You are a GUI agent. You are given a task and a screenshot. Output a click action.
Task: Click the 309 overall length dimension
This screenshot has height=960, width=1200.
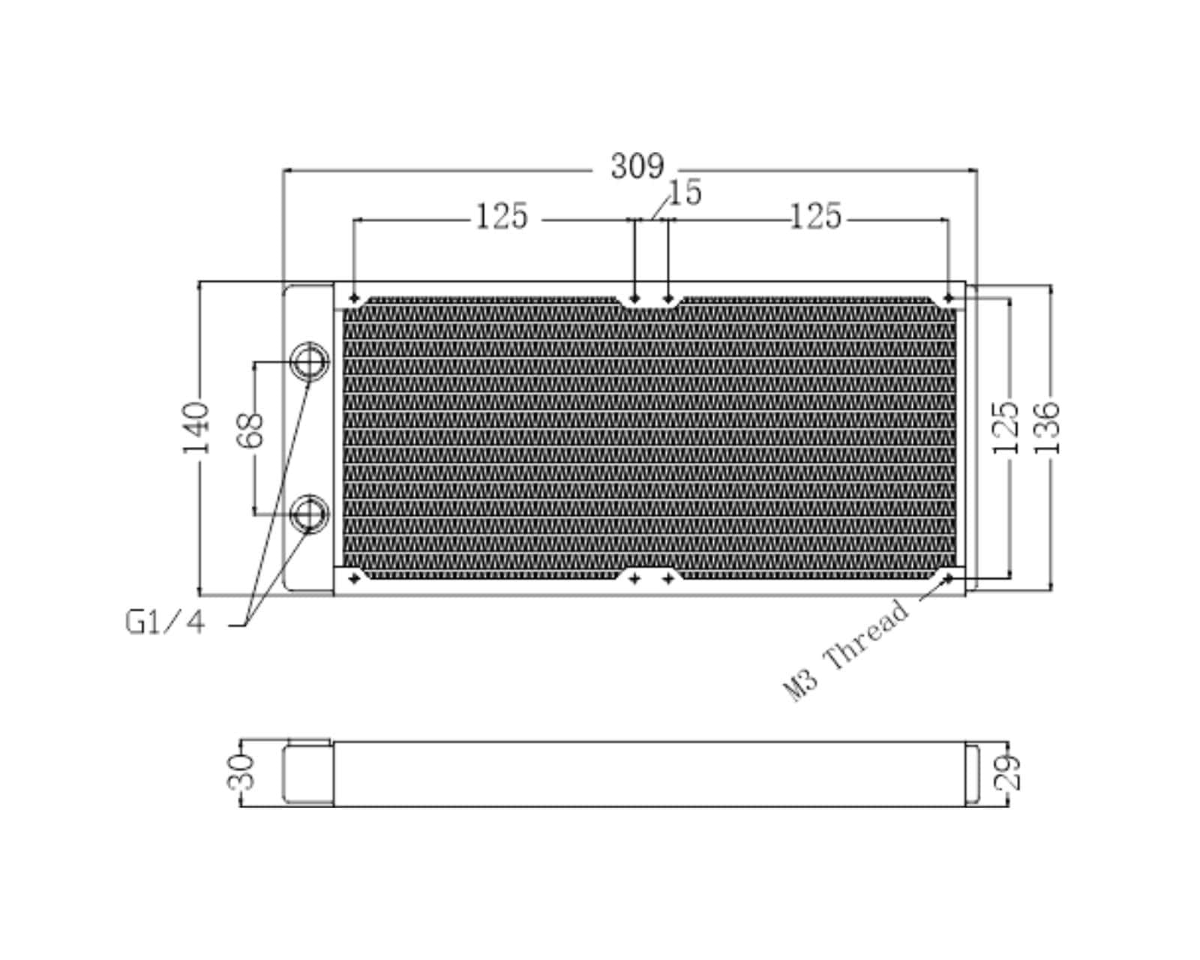637,166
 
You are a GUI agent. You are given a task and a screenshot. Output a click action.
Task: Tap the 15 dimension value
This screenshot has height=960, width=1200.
685,193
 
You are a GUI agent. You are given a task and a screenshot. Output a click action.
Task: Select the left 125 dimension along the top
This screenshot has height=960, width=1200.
501,217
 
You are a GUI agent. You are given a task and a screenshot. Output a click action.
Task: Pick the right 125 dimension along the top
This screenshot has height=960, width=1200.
816,217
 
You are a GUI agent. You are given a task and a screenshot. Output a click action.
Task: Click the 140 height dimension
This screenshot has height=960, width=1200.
196,427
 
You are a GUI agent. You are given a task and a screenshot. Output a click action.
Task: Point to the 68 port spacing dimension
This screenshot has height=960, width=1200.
249,430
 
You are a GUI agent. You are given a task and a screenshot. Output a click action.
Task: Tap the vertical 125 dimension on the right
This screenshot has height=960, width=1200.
1006,427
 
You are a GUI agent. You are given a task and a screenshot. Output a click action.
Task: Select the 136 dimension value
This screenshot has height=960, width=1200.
1047,427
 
